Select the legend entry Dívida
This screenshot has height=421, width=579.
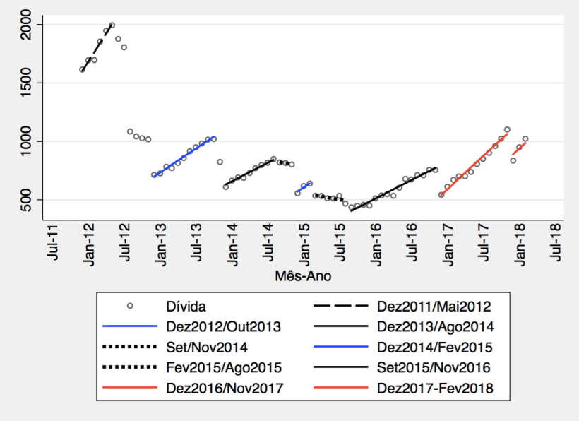(186, 307)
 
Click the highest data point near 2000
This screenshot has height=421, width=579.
(112, 25)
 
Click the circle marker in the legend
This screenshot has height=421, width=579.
(129, 307)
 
